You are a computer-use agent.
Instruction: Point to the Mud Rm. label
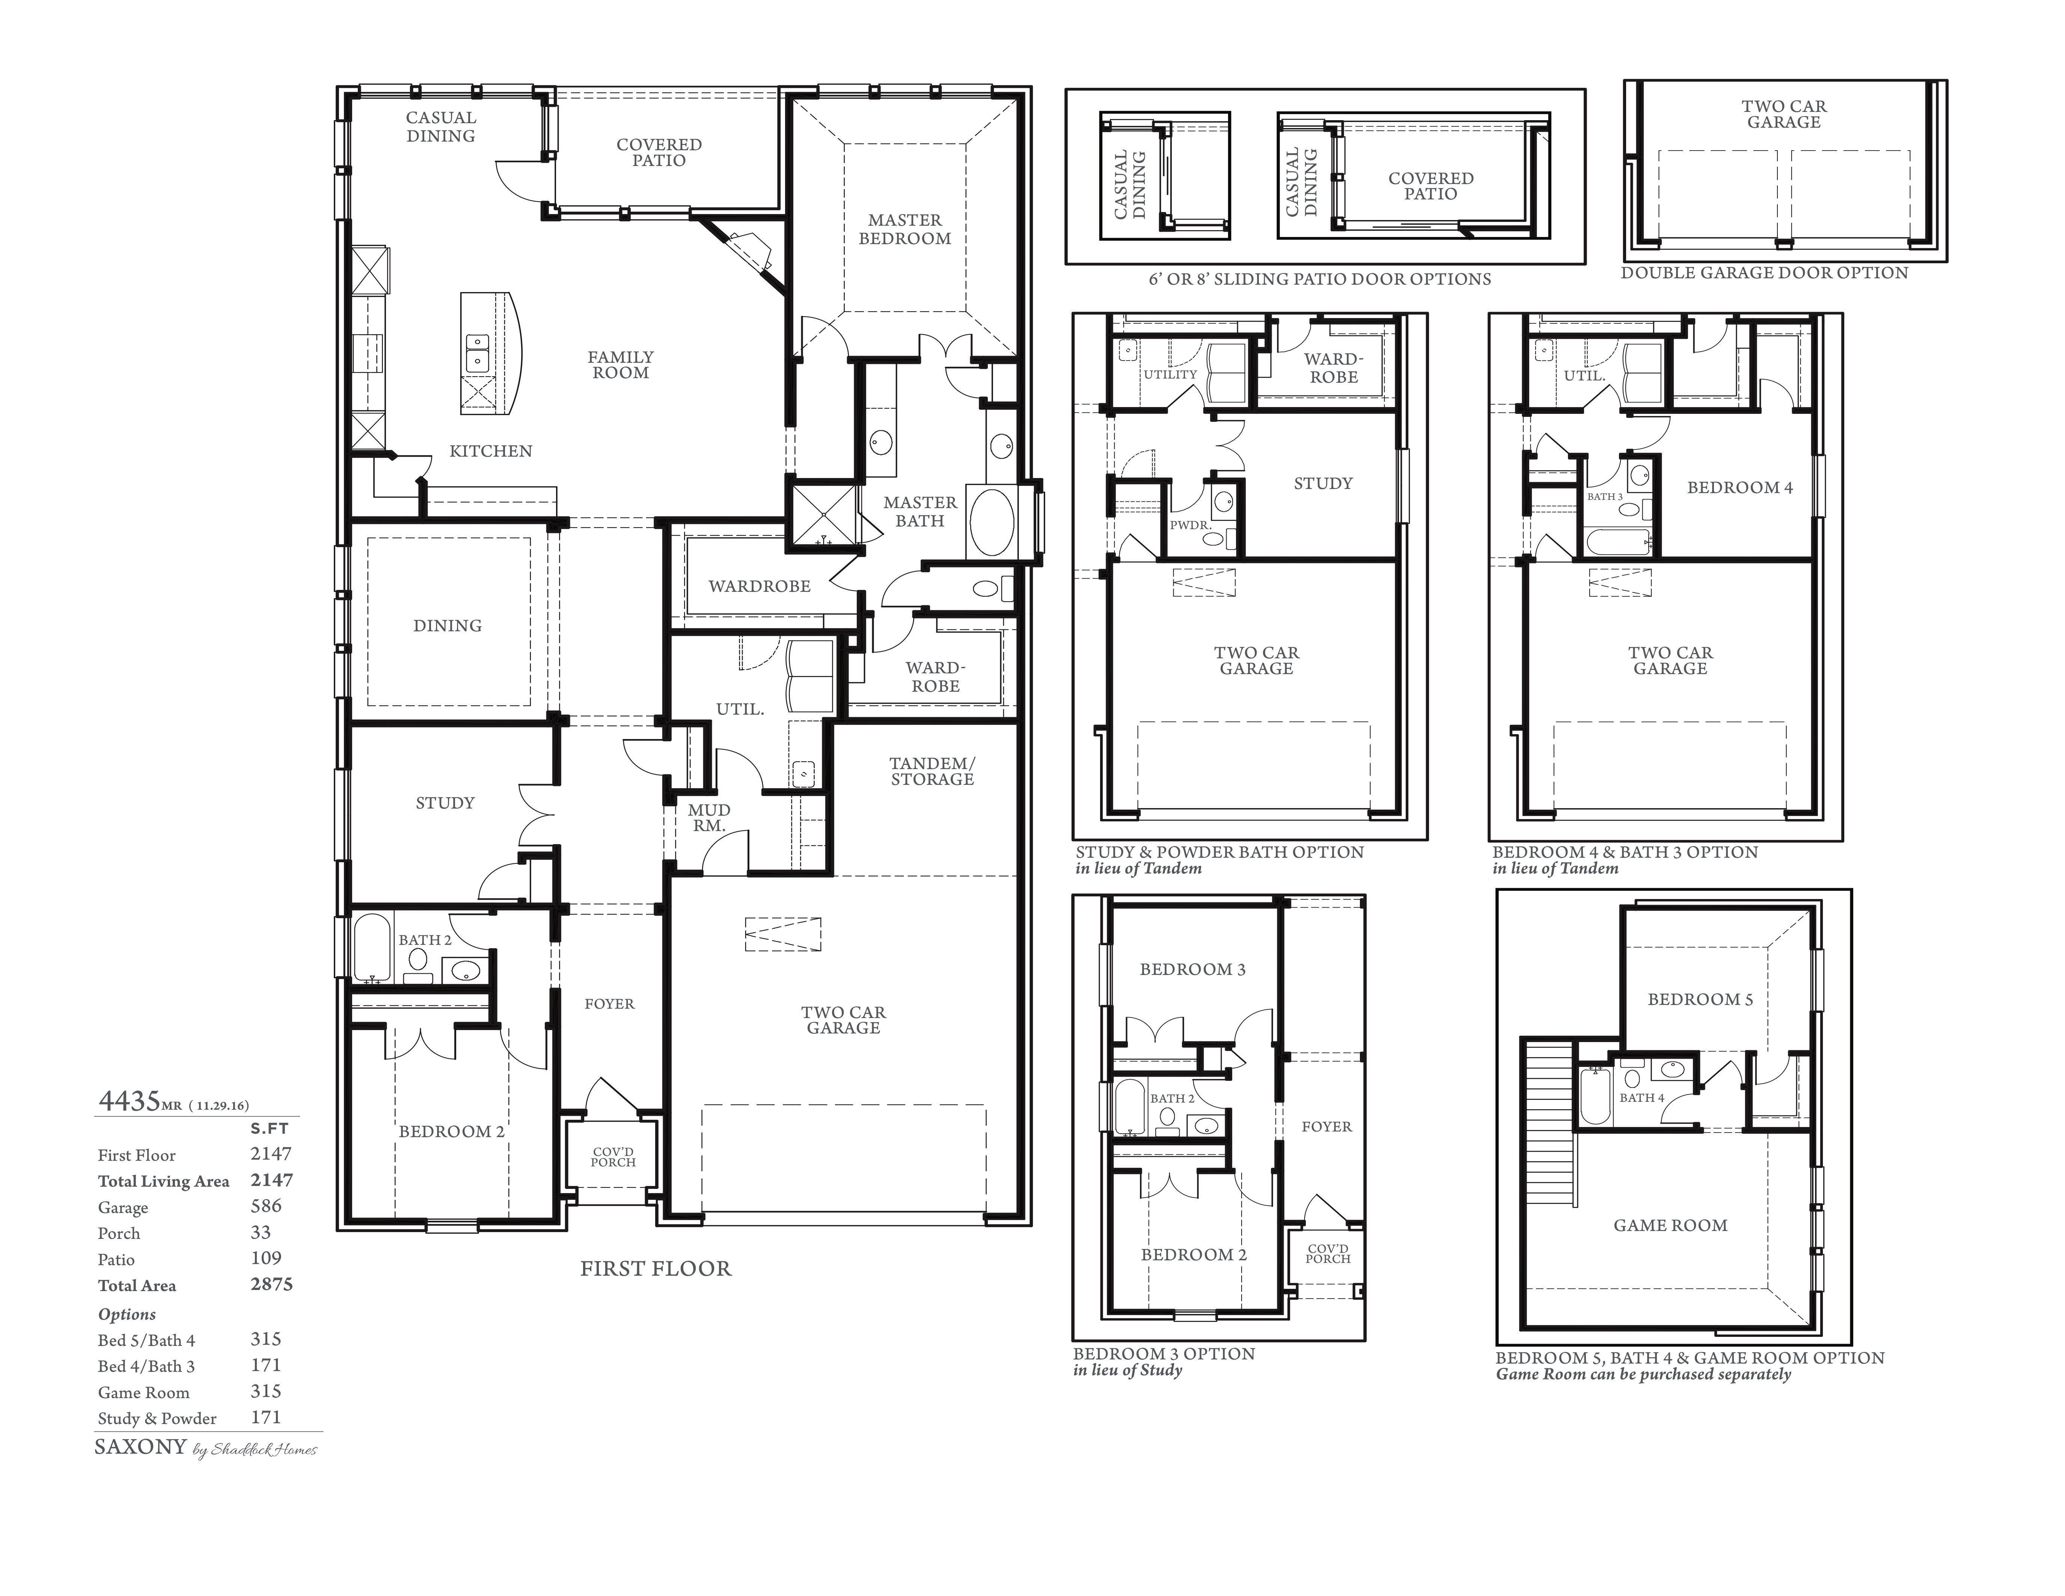point(709,818)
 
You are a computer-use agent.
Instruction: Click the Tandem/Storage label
point(932,772)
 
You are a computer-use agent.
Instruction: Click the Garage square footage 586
point(267,1205)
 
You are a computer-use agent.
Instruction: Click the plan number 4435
point(130,1101)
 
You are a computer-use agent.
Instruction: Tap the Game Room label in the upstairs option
point(1671,1225)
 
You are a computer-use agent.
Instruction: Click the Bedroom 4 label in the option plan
point(1740,488)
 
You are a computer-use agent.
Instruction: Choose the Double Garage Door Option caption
point(1764,273)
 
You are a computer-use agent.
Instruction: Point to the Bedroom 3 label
point(1192,969)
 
